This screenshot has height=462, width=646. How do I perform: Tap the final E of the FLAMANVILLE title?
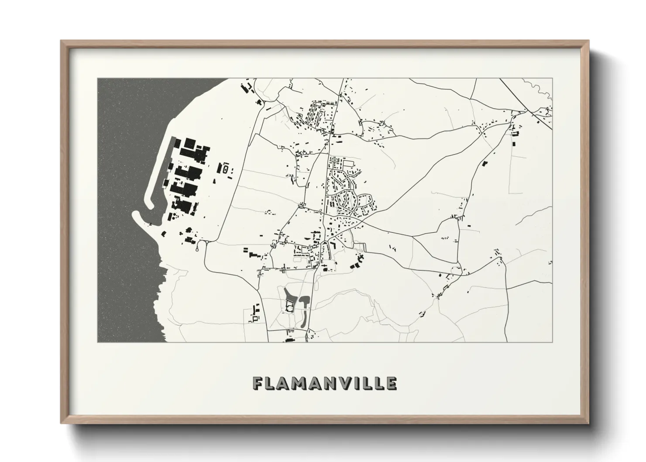point(392,383)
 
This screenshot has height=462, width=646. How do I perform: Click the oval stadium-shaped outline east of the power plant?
point(225,168)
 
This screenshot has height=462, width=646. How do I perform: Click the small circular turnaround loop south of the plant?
point(199,248)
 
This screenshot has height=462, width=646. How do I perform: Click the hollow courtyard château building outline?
point(289,307)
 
